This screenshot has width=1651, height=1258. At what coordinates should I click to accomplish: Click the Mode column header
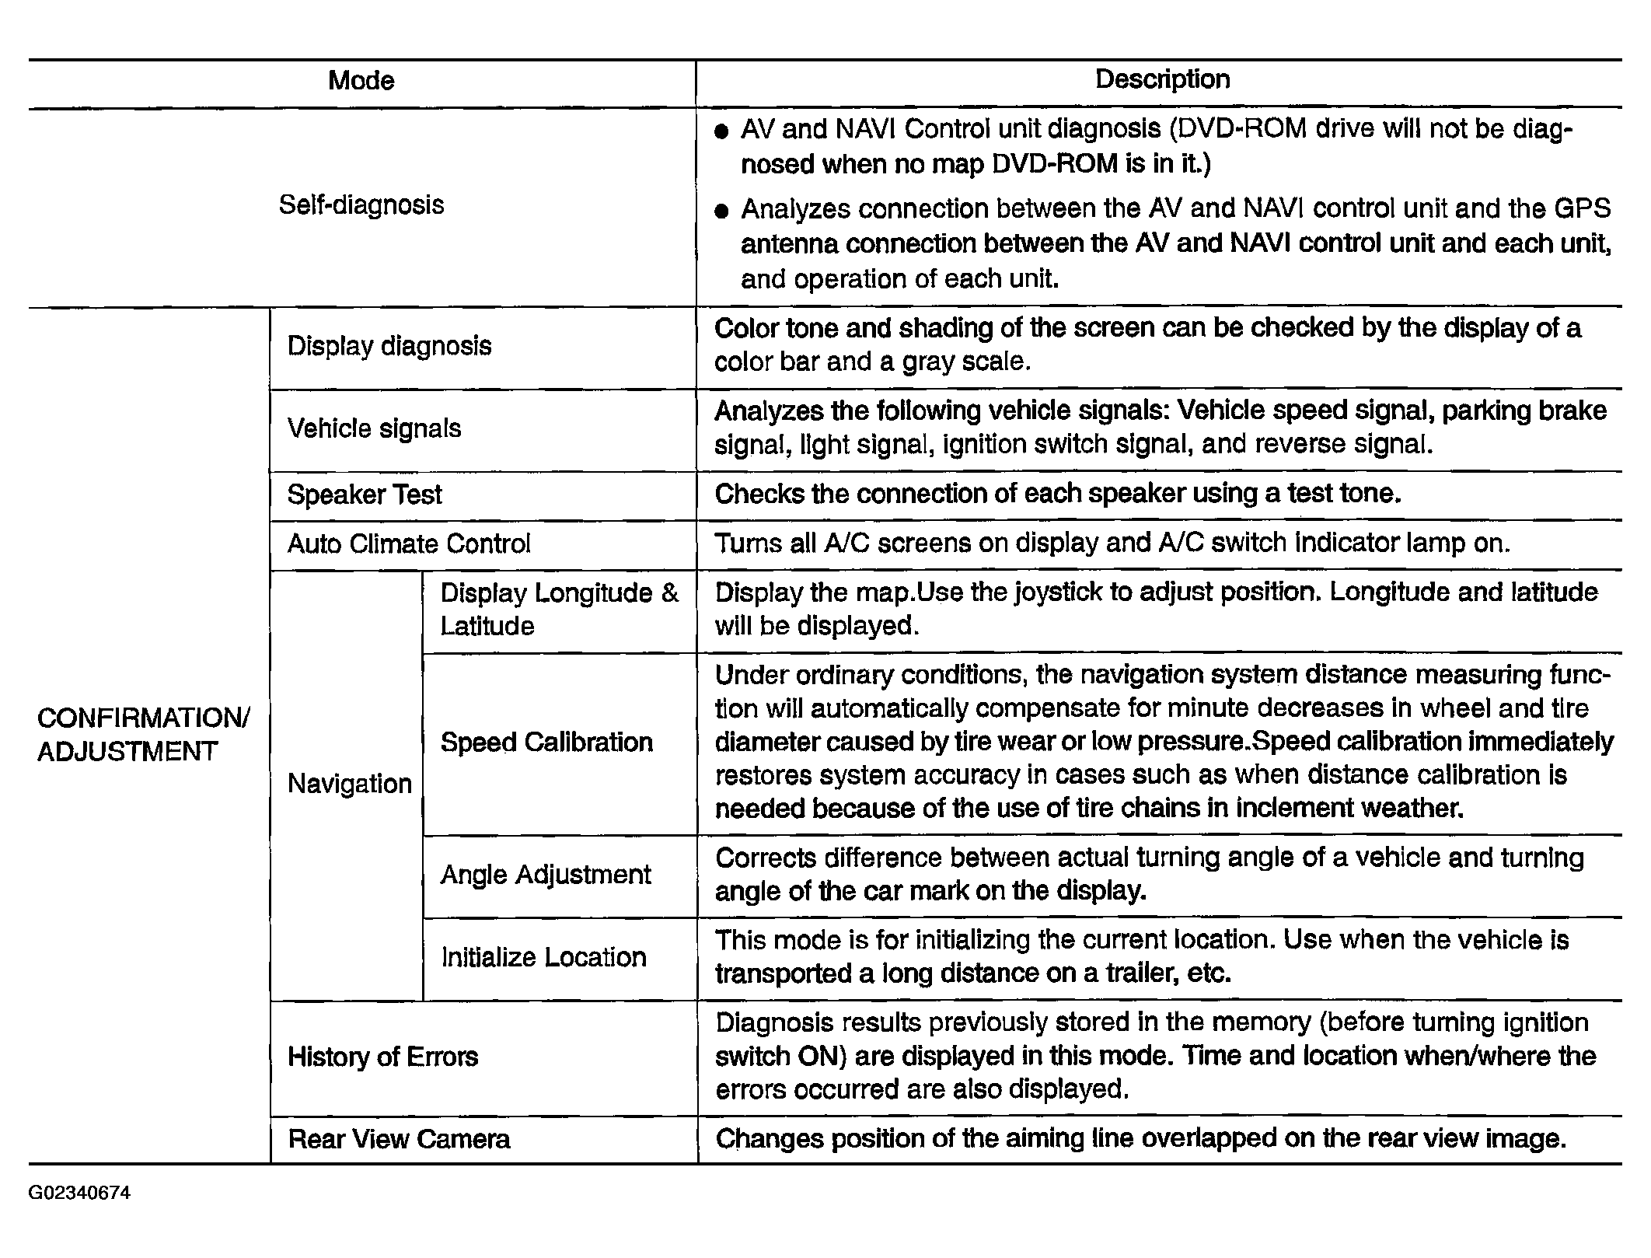coord(361,81)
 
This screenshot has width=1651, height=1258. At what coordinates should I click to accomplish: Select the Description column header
coord(1162,79)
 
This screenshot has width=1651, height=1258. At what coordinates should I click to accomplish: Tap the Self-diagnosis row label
coord(361,205)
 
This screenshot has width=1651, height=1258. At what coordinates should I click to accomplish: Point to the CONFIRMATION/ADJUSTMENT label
coord(144,735)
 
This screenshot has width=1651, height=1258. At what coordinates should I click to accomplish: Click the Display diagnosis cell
coord(389,346)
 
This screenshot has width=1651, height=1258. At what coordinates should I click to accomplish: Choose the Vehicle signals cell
coord(374,428)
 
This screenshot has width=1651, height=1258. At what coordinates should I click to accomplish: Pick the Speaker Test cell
coord(365,494)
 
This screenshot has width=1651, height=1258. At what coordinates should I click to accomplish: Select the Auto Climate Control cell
coord(409,543)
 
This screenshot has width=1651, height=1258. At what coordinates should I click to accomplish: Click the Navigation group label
coord(350,784)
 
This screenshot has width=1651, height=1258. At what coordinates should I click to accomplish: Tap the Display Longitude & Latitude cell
coord(559,610)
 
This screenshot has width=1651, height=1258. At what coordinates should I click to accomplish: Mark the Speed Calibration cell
coord(546,743)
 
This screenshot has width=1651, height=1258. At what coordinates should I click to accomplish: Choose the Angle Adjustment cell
coord(546,875)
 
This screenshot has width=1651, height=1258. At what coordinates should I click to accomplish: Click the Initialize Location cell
coord(544,957)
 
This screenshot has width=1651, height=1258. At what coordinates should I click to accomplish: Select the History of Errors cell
coord(383,1057)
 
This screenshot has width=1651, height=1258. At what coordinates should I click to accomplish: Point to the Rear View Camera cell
coord(400,1139)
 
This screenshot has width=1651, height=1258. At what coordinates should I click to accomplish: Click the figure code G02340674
coord(80,1193)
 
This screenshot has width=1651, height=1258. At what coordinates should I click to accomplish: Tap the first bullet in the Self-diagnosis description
coord(721,132)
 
